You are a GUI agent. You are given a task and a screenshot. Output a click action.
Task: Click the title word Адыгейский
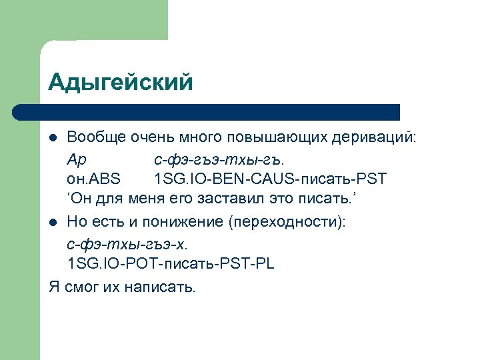tap(121, 82)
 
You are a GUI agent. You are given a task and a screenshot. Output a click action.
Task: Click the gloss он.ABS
tap(95, 180)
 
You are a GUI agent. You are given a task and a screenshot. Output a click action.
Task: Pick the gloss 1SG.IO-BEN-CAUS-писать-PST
tap(270, 180)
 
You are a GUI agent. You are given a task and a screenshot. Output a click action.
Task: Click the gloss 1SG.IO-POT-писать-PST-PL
tap(170, 264)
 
